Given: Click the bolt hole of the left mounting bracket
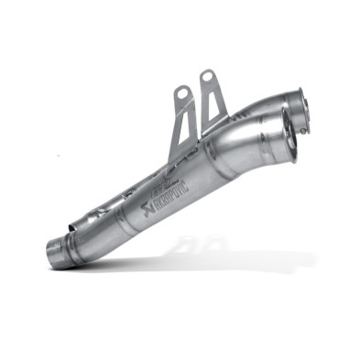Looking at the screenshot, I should (x=181, y=93).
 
